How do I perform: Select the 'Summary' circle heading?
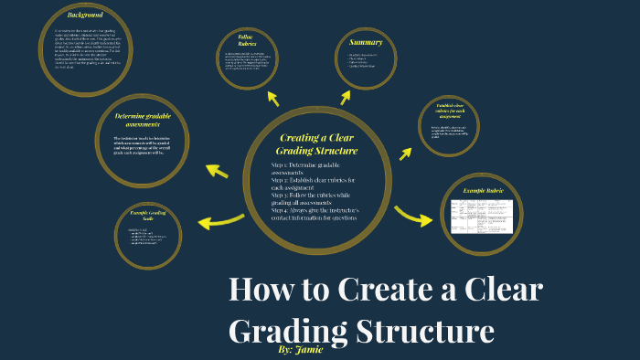365,43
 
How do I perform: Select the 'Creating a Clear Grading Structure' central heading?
317,143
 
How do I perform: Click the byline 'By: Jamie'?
299,349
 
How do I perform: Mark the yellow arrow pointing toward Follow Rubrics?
272,98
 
